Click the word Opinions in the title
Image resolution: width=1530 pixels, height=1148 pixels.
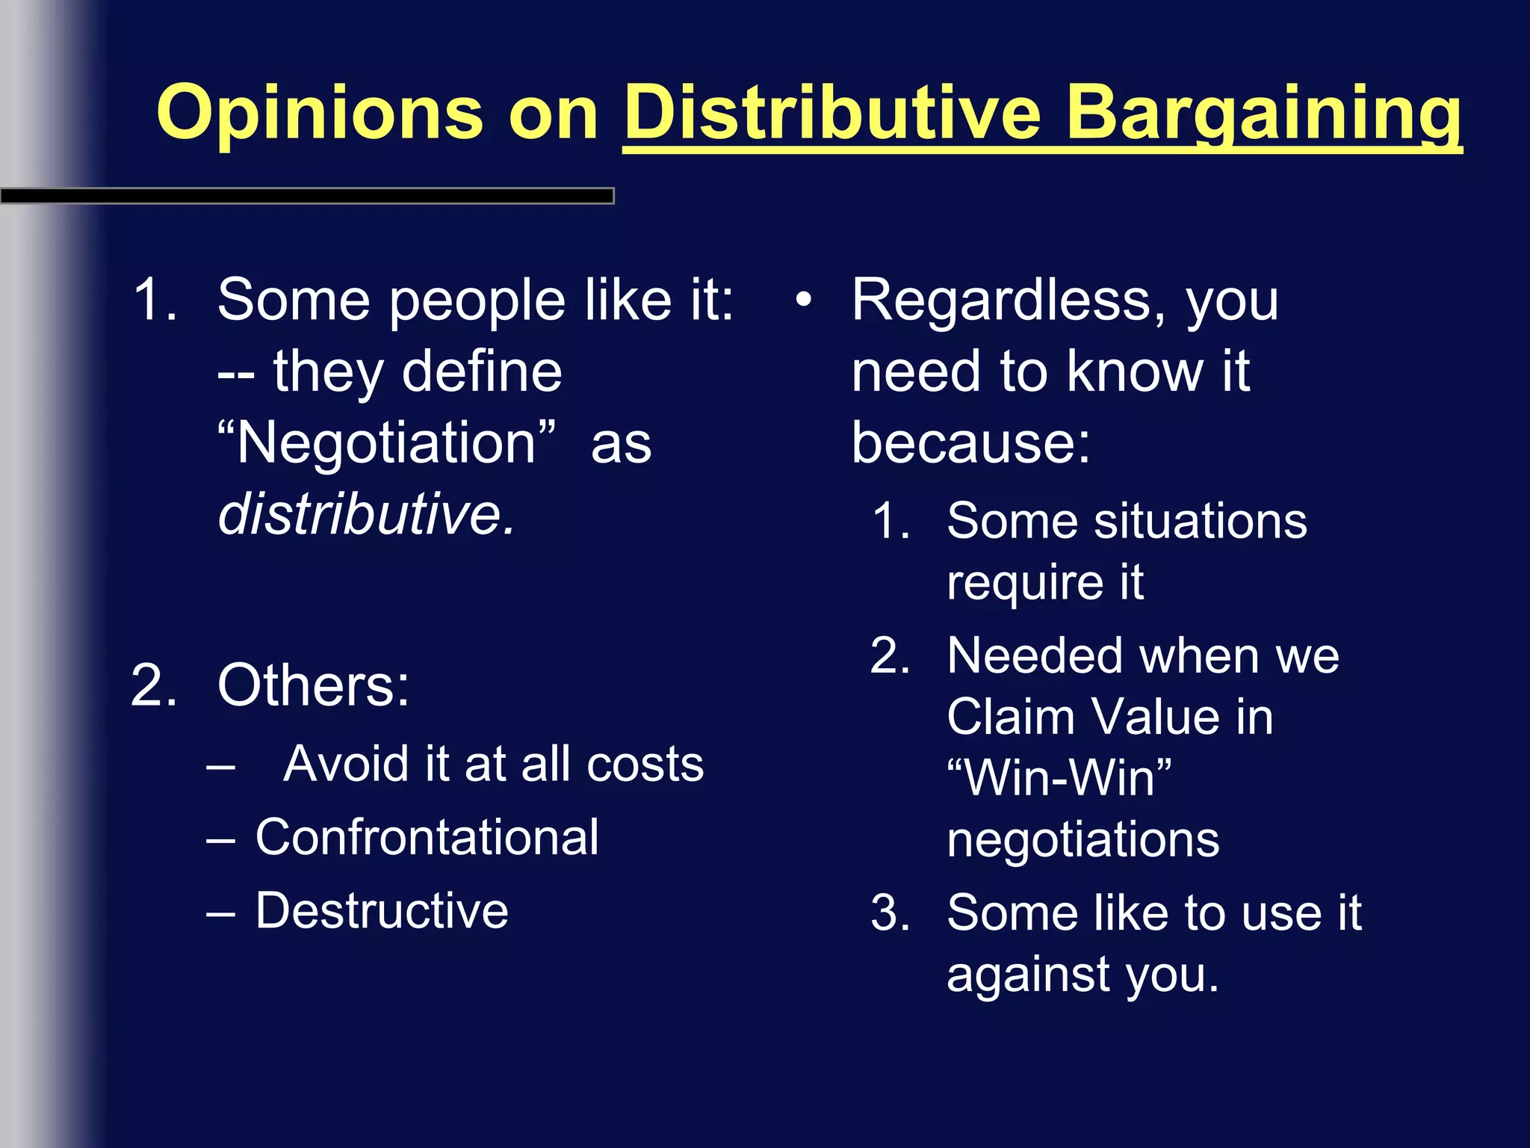click(x=319, y=114)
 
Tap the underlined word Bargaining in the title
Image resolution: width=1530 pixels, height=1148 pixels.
click(x=1263, y=114)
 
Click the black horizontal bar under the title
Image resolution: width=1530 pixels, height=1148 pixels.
click(x=306, y=197)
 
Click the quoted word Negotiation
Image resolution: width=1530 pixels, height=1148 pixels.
click(x=386, y=443)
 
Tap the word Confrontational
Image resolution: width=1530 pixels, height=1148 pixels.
click(x=427, y=837)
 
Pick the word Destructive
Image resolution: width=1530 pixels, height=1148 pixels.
click(x=382, y=911)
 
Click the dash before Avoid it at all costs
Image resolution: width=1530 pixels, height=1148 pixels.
click(x=221, y=767)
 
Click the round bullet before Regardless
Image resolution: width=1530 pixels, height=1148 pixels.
click(x=803, y=300)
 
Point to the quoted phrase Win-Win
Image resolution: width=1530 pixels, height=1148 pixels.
click(x=1059, y=778)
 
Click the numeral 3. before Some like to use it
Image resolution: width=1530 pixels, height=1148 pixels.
click(x=891, y=913)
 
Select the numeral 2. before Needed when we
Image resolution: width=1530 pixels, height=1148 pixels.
click(x=891, y=656)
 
